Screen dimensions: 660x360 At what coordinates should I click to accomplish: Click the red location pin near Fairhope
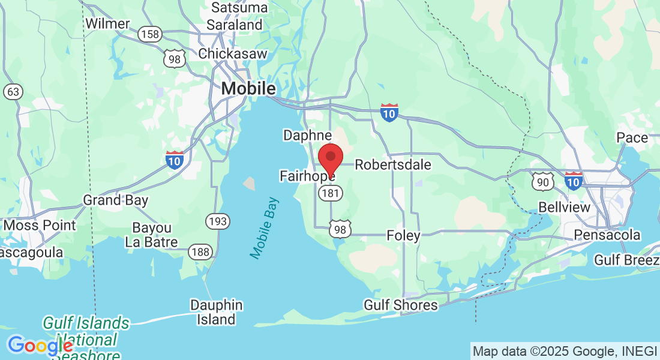330,158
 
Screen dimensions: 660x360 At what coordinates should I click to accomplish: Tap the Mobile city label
248,89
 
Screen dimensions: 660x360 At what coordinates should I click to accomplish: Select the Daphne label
308,135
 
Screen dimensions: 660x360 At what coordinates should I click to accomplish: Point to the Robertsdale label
393,164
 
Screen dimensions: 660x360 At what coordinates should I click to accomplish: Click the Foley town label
403,235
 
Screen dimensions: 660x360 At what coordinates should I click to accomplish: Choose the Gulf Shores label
401,305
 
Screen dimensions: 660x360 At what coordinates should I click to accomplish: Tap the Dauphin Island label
216,312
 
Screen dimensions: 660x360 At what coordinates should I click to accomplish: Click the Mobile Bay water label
265,228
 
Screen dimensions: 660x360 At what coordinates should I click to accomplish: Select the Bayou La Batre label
151,235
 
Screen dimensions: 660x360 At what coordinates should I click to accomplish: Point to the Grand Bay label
115,200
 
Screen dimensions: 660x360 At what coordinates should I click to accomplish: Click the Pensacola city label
607,235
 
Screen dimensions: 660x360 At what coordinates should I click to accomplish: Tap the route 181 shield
331,193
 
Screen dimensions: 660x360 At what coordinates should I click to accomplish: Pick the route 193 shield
217,221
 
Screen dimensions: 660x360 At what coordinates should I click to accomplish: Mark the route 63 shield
13,92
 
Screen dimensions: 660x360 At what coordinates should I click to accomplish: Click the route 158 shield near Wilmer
149,34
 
